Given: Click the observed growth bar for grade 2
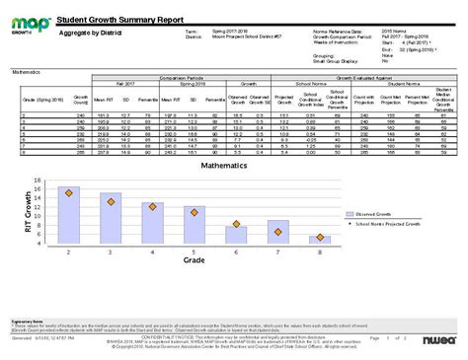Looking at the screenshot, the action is [68, 215].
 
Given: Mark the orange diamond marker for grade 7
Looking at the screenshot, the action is [278, 232].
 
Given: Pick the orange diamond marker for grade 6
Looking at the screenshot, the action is [237, 227].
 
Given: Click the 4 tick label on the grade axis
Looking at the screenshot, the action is [152, 252].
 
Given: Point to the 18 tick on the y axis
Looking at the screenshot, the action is [37, 180].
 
